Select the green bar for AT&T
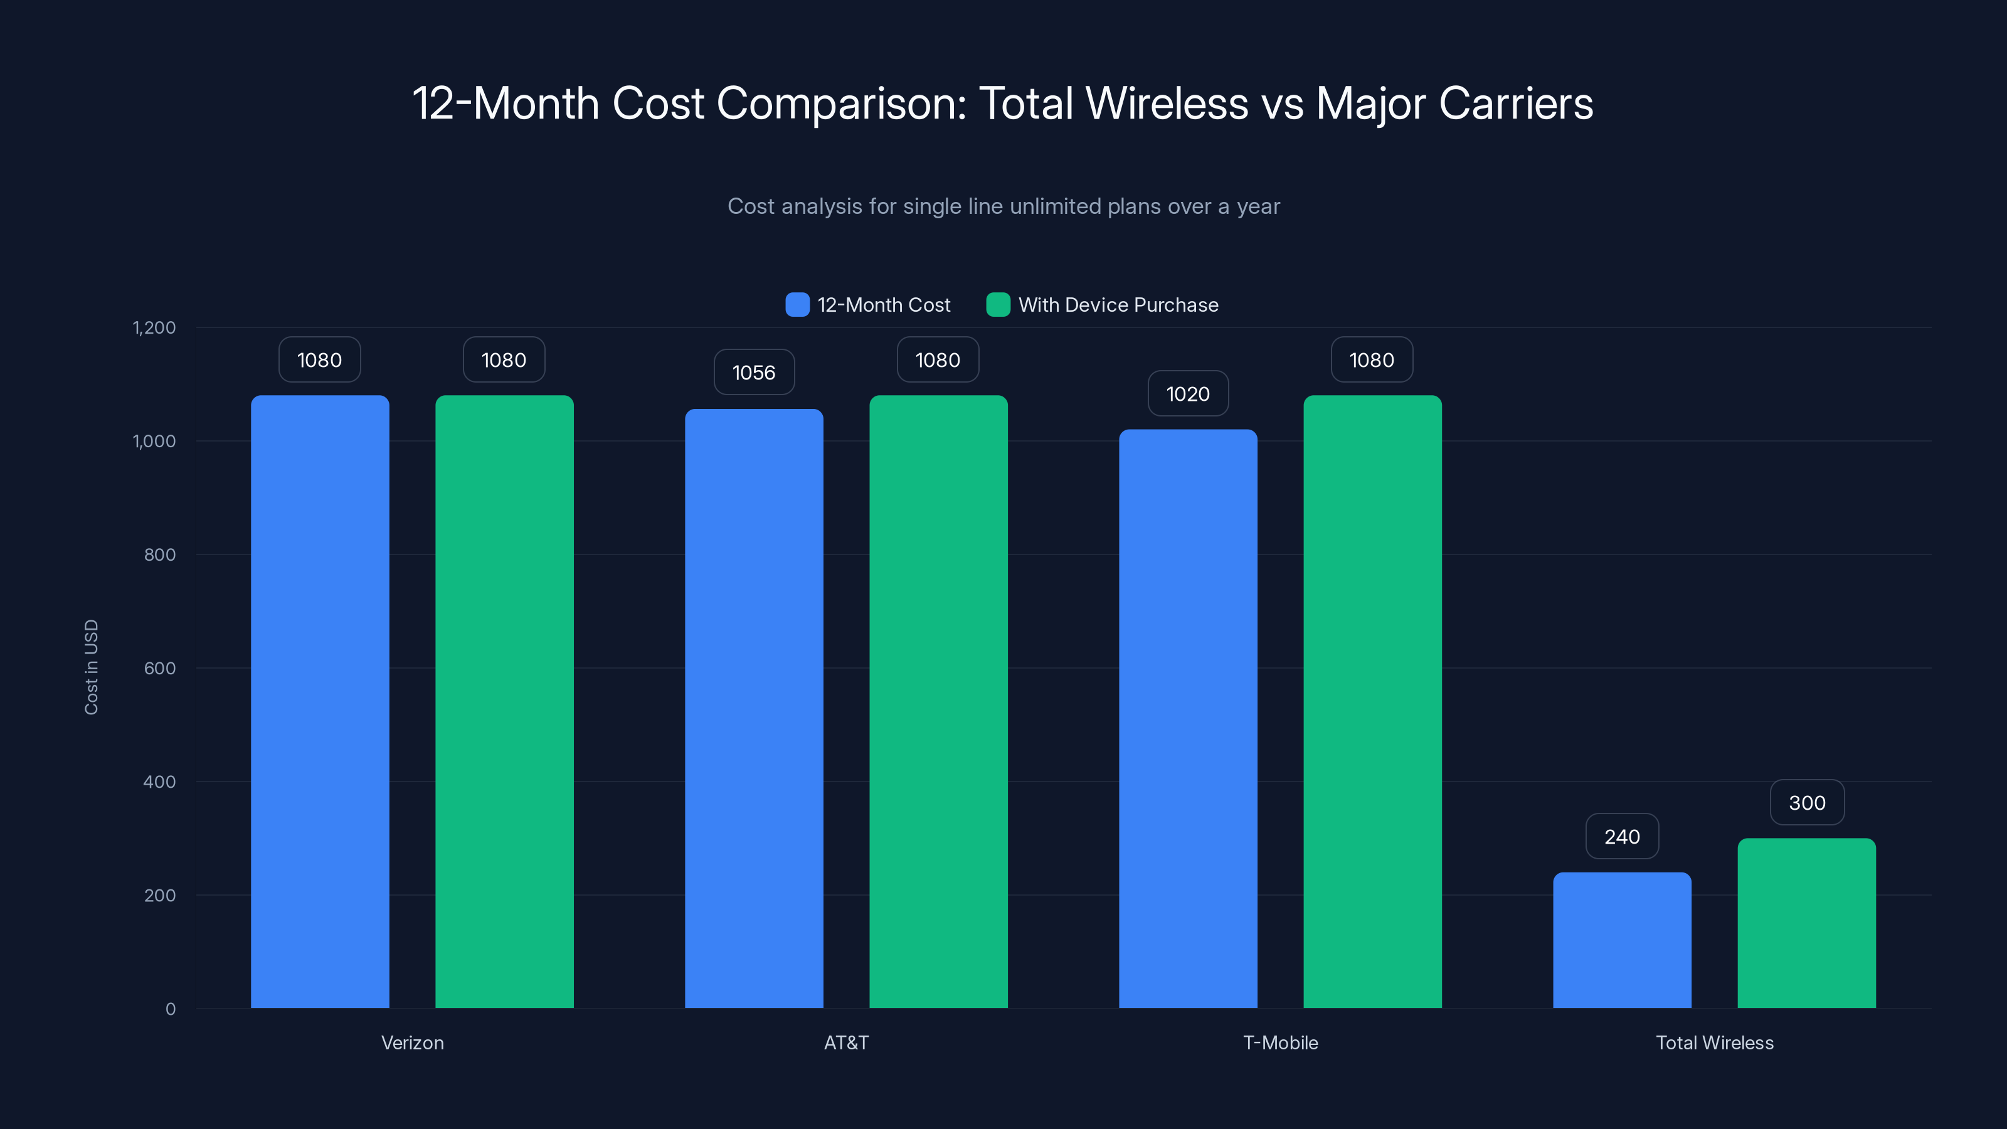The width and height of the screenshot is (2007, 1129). coord(938,701)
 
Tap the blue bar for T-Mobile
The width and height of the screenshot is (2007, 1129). coord(1187,717)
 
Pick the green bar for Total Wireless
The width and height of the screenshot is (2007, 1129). coord(1806,923)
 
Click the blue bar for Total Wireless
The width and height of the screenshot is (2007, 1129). coord(1621,940)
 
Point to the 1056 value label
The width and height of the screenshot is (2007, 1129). coord(753,373)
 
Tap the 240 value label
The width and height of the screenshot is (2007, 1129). coord(1621,836)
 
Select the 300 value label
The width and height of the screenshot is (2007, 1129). coord(1806,803)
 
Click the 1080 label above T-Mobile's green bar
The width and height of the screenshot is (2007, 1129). coord(1371,360)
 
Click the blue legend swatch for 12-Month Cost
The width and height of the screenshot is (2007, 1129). coord(797,305)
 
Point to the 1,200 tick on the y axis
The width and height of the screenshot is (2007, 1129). coord(154,327)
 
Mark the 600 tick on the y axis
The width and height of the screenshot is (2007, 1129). coord(160,668)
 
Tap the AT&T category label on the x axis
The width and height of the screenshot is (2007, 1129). coord(846,1042)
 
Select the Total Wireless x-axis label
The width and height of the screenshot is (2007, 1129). coord(1714,1042)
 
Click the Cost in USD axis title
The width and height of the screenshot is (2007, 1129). coord(91,667)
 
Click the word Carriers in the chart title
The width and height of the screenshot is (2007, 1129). coord(1515,103)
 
